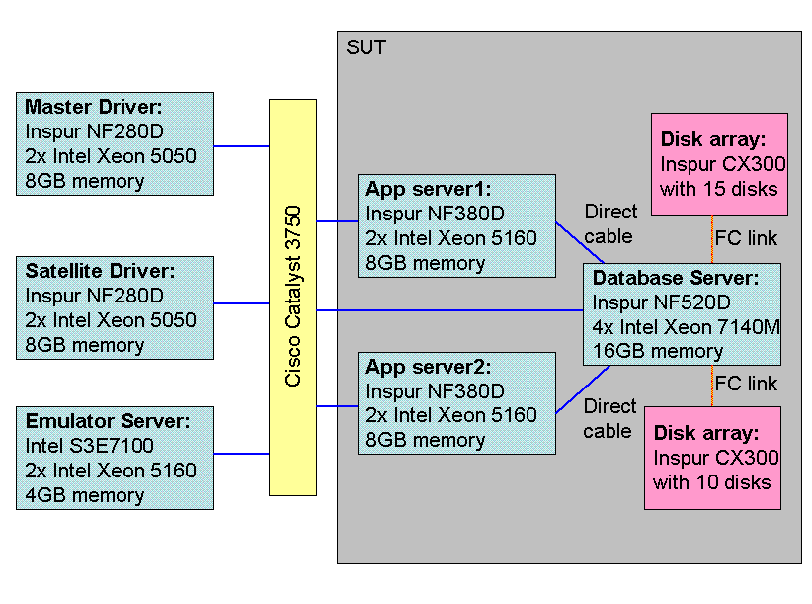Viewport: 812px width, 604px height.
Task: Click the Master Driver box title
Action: pyautogui.click(x=93, y=107)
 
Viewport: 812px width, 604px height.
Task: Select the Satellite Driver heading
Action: pyautogui.click(x=100, y=271)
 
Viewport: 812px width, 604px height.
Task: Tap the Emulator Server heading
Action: pyautogui.click(x=107, y=421)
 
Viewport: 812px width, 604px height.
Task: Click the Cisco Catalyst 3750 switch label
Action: pyautogui.click(x=293, y=298)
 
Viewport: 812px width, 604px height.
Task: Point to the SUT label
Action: pyautogui.click(x=365, y=46)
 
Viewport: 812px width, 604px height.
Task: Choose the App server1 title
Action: pyautogui.click(x=428, y=189)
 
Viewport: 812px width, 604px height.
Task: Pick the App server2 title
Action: pyautogui.click(x=428, y=367)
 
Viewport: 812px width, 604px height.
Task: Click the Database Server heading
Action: pyautogui.click(x=676, y=278)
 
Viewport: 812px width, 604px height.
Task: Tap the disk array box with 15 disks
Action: pyautogui.click(x=719, y=163)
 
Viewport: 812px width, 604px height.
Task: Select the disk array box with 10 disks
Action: pyautogui.click(x=712, y=458)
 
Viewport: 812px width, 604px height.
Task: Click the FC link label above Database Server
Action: pyautogui.click(x=746, y=238)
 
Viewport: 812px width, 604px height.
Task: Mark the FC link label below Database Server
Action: pyautogui.click(x=746, y=384)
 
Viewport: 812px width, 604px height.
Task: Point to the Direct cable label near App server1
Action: pyautogui.click(x=610, y=223)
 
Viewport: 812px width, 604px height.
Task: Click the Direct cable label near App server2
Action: pyautogui.click(x=609, y=418)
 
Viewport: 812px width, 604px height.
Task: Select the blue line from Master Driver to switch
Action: pyautogui.click(x=241, y=146)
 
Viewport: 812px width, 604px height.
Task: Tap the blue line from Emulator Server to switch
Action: pyautogui.click(x=241, y=454)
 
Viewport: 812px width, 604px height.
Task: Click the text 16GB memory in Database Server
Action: pyautogui.click(x=658, y=351)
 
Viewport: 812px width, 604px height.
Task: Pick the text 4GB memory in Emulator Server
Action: pyautogui.click(x=84, y=494)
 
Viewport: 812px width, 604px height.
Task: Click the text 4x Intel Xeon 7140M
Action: pyautogui.click(x=687, y=327)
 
